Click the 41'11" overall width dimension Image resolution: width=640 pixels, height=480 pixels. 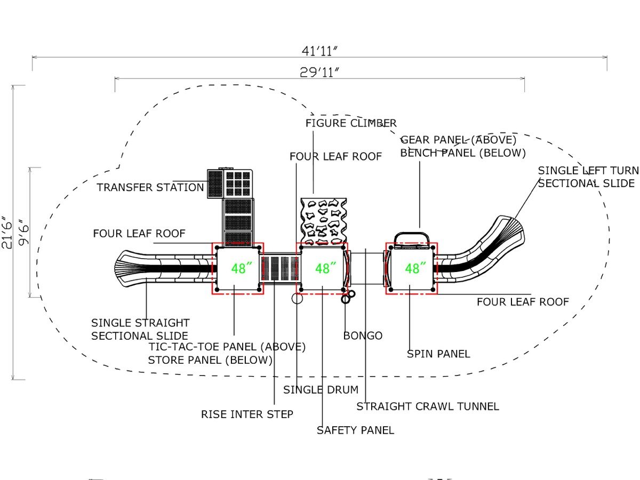tap(319, 51)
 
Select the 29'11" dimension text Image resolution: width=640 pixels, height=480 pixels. tap(319, 73)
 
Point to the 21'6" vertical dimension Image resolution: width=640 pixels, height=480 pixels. tap(7, 233)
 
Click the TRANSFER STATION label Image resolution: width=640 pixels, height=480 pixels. tap(150, 187)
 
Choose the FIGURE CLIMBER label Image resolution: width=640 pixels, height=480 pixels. tap(351, 123)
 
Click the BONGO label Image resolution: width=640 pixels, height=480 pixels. tap(363, 336)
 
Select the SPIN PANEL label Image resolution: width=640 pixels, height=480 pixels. tap(438, 354)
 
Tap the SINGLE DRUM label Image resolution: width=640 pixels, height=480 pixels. tap(321, 390)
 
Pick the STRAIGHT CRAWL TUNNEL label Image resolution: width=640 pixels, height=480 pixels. tap(427, 406)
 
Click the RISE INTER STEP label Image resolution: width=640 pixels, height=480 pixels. tap(247, 414)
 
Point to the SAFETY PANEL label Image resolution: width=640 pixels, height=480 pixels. tap(355, 430)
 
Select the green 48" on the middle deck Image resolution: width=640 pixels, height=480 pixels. tap(325, 268)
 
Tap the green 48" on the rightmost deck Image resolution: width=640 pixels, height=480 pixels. tap(415, 268)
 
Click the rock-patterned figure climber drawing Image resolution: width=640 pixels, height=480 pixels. tap(324, 221)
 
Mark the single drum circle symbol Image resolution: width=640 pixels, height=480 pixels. tap(297, 298)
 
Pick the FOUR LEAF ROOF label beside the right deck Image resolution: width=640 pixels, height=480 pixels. tap(523, 302)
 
